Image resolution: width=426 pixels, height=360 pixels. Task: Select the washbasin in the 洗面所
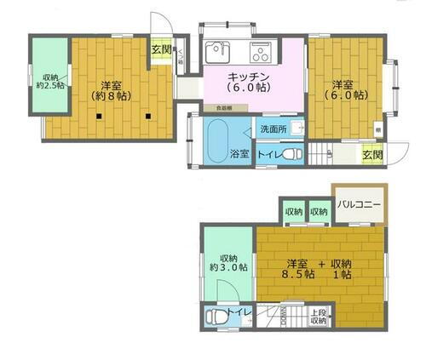click(x=296, y=128)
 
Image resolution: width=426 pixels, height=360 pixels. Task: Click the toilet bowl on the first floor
click(x=290, y=155)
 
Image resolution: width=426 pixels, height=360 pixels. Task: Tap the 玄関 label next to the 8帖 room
click(x=161, y=49)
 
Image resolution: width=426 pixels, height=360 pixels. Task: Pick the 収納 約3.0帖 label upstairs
click(x=227, y=262)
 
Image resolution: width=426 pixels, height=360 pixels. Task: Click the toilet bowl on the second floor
click(x=216, y=317)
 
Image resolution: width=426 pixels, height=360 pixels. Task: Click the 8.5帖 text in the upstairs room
click(x=297, y=274)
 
